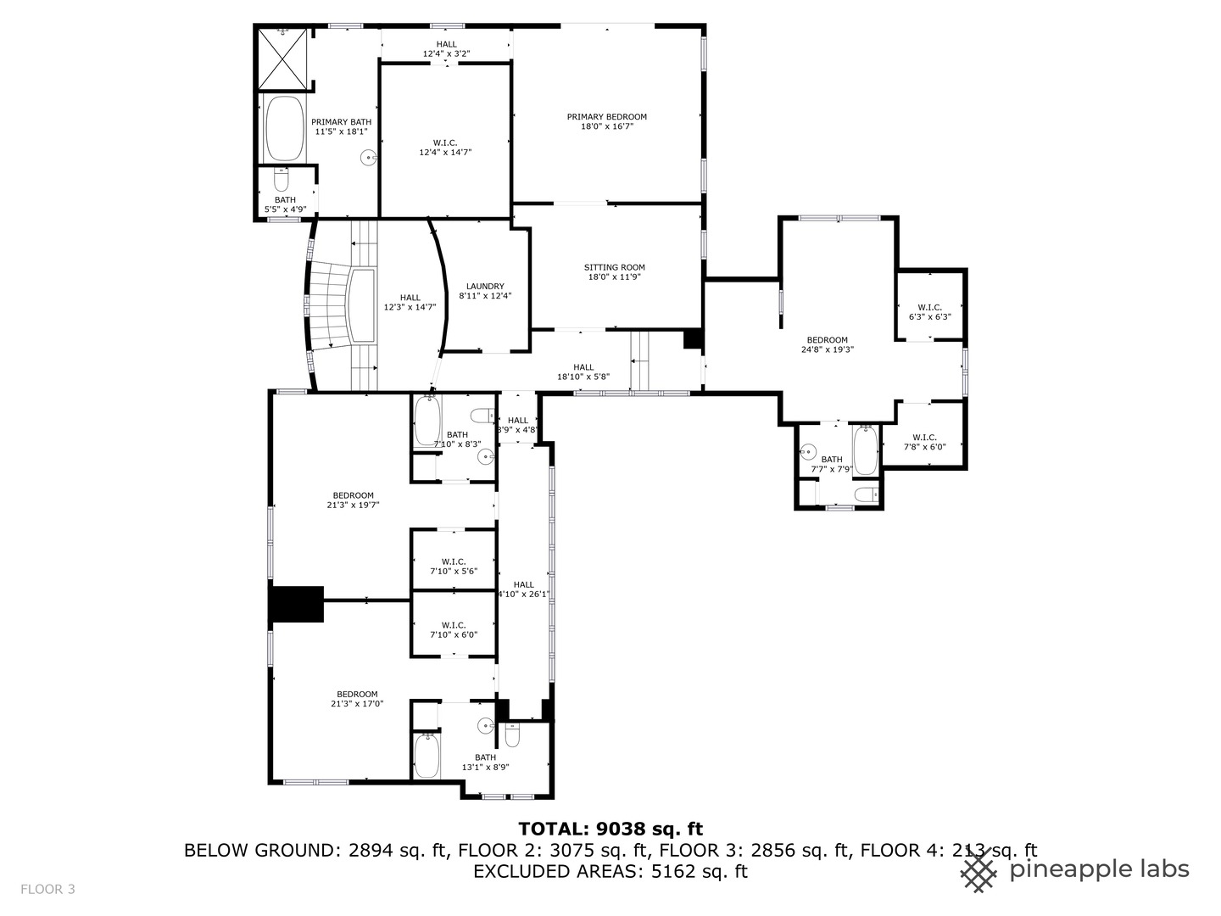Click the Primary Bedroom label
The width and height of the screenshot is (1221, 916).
coord(606,122)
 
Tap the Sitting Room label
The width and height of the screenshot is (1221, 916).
coord(615,272)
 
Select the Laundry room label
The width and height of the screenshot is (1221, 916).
coord(485,291)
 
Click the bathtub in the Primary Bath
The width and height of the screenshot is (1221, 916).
coord(284,128)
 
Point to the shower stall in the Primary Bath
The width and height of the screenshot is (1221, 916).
coord(284,58)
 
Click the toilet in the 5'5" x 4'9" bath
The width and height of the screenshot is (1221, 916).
coord(282,180)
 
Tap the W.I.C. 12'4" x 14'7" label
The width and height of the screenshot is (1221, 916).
coord(444,148)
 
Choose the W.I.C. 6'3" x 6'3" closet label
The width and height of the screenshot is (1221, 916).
coord(929,312)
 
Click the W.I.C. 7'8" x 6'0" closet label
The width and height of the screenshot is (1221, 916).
coord(924,442)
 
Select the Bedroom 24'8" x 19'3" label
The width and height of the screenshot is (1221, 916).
coord(827,344)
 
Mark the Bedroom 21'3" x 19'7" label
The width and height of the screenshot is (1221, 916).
coord(353,500)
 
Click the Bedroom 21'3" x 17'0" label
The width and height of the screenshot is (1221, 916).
coord(357,698)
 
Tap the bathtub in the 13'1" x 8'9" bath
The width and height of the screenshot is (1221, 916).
coord(426,755)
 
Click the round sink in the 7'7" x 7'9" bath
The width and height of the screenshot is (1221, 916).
coord(808,451)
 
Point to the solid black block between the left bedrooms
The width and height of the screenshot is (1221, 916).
coord(297,604)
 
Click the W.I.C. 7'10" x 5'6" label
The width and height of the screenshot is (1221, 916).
coord(453,566)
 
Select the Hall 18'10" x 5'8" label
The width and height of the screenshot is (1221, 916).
coord(583,371)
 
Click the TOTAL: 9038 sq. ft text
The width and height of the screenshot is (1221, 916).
coord(610,829)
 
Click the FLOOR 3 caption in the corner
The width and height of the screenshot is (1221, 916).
coord(47,889)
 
